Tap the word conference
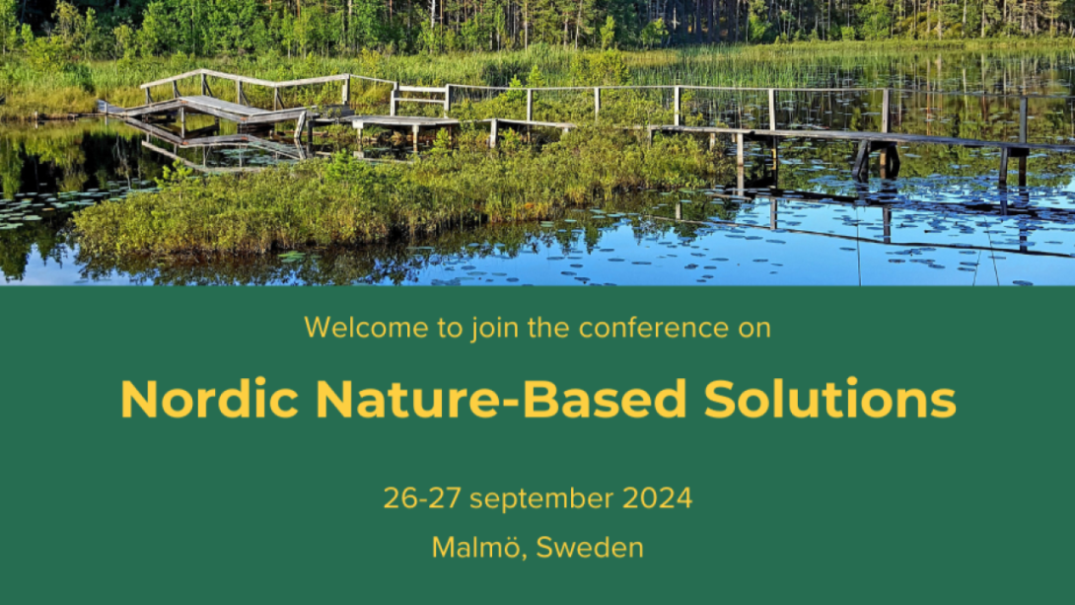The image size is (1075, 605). coord(653,328)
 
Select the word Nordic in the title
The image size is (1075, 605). coord(209,399)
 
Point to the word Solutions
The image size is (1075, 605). coord(829,399)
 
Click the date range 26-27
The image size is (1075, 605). coord(422,498)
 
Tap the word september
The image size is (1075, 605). coord(541,499)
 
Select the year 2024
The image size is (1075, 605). coord(658,498)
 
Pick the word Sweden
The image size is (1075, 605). coord(590,548)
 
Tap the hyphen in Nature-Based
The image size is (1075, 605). coord(511,402)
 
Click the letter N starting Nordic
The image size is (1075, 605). coord(139,399)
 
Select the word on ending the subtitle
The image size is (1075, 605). coord(754,330)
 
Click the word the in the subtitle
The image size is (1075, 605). coord(549,328)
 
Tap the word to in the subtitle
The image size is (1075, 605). coord(451,329)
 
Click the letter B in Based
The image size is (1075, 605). coord(539,399)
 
